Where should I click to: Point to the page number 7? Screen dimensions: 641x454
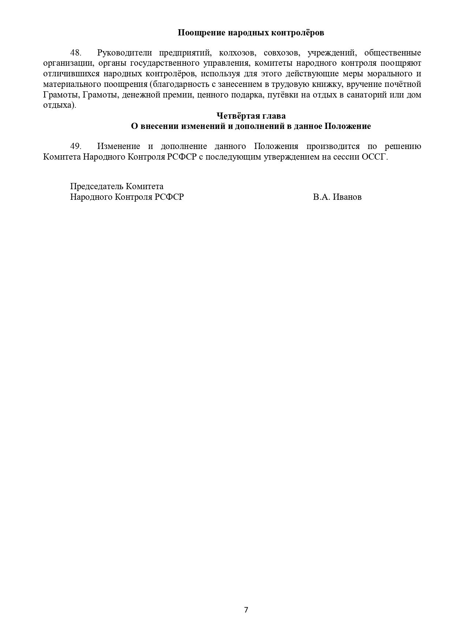(246, 610)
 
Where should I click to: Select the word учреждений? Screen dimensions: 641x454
(331, 53)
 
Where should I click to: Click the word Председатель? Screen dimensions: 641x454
(97, 186)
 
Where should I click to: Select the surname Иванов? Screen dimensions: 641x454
(347, 197)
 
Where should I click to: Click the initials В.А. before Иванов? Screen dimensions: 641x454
(322, 197)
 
